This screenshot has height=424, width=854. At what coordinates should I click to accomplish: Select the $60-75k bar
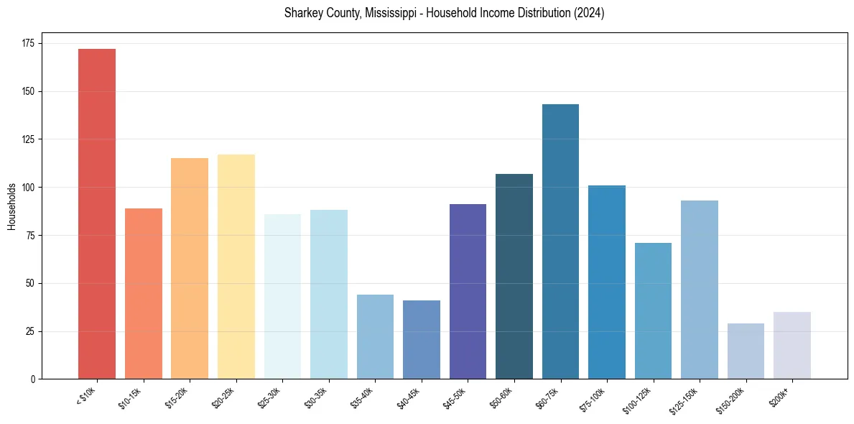click(560, 241)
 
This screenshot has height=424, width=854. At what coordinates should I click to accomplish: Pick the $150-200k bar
click(746, 351)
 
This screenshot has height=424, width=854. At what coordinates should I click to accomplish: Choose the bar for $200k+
click(792, 345)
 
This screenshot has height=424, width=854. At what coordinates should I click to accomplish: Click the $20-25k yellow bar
click(236, 267)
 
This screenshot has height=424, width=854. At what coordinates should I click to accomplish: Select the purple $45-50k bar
click(468, 291)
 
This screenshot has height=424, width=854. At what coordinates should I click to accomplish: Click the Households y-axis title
click(11, 206)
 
